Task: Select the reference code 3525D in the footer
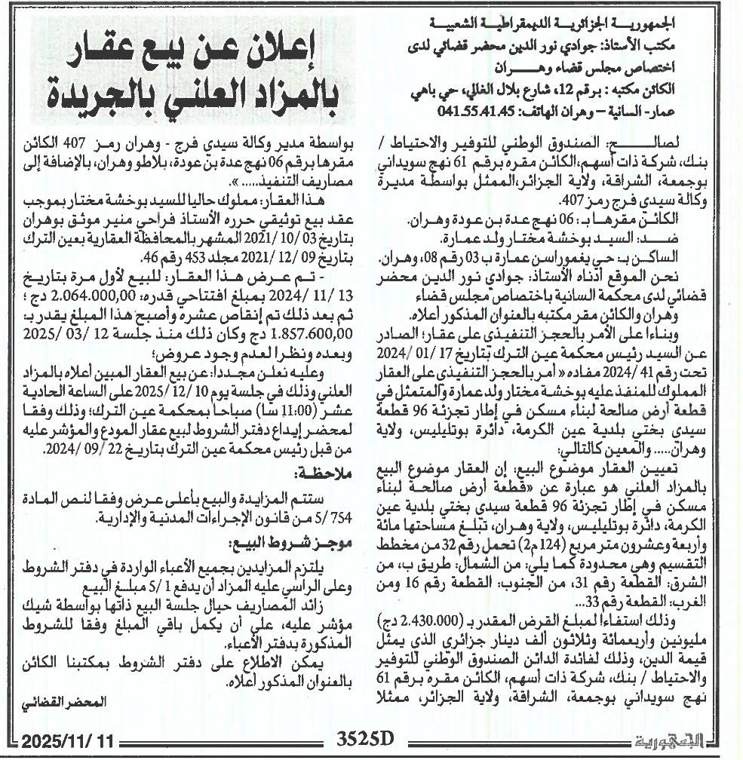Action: [366, 739]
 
